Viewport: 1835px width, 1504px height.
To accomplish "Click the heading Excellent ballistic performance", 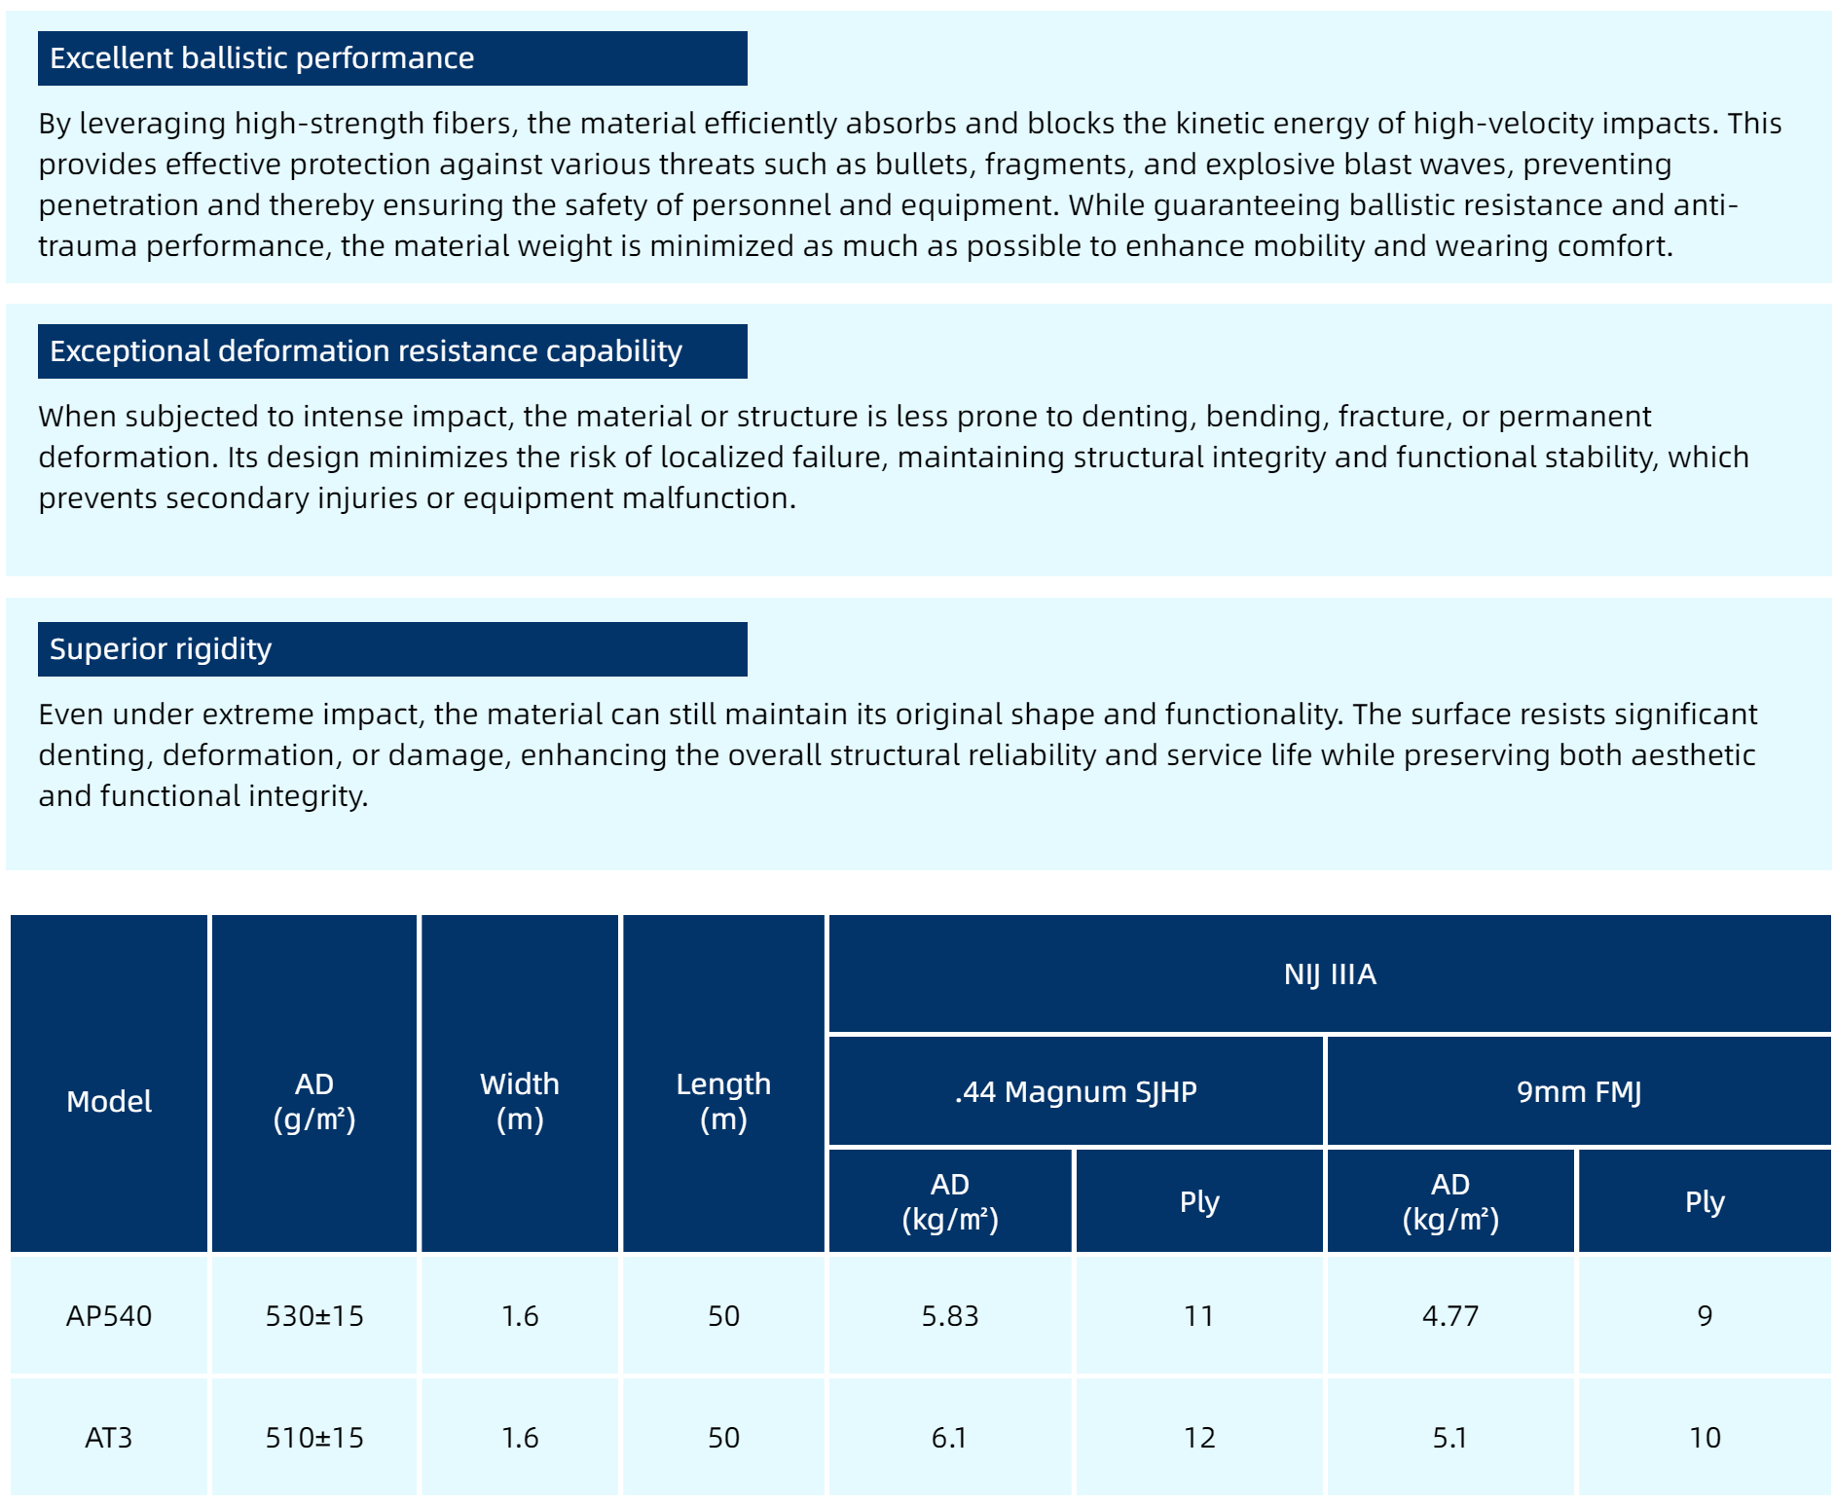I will [262, 58].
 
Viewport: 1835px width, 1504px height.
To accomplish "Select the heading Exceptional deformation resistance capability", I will [366, 351].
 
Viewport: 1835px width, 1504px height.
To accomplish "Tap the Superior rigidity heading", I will [161, 649].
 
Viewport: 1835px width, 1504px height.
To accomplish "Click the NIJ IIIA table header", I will [1329, 974].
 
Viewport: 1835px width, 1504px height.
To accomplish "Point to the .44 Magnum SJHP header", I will [1076, 1092].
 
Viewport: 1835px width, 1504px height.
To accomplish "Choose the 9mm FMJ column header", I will [1578, 1092].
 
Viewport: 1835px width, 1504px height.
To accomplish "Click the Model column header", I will [109, 1102].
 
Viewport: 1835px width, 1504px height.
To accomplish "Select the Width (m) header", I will [520, 1102].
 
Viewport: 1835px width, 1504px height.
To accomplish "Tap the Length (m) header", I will [723, 1102].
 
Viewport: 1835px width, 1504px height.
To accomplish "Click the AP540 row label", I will [109, 1316].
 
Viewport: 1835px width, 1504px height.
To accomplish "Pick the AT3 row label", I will [109, 1438].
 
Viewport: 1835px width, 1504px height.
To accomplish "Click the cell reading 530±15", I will [314, 1316].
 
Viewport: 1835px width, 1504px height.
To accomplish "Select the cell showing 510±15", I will [314, 1438].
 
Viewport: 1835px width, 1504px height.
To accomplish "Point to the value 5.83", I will [950, 1316].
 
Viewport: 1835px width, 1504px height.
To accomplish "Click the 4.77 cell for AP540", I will [1450, 1316].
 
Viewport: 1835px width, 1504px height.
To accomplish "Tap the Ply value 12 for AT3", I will [1199, 1438].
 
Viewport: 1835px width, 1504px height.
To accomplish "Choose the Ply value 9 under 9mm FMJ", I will [1705, 1316].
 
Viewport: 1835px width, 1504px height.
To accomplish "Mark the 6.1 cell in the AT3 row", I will [950, 1438].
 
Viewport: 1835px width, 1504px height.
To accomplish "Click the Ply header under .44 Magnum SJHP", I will [1199, 1202].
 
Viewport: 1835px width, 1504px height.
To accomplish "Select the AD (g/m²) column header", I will [314, 1102].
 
